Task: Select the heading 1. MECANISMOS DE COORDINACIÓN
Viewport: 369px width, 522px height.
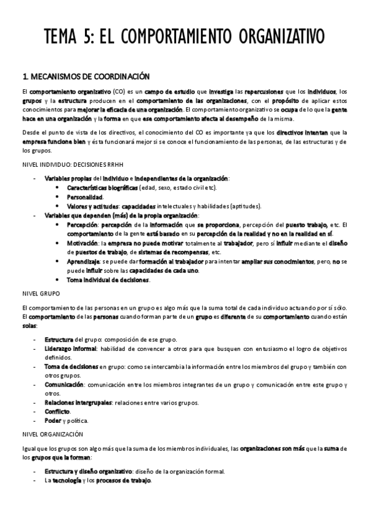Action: point(86,77)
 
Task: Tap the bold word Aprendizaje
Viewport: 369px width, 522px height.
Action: point(84,262)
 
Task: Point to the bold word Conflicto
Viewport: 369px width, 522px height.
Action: point(57,412)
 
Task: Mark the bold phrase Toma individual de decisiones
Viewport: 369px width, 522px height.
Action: point(108,280)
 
